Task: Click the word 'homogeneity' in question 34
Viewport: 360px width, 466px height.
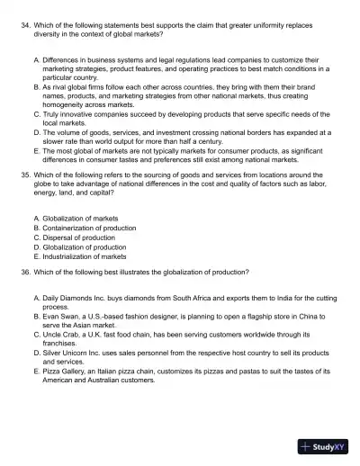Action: point(66,103)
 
